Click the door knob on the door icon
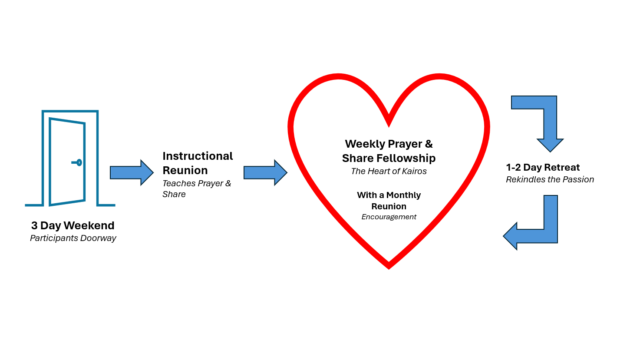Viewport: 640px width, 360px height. [79, 162]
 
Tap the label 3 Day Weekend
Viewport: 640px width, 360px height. [73, 225]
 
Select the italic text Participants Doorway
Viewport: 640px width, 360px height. [73, 238]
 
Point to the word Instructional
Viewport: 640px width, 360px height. [198, 156]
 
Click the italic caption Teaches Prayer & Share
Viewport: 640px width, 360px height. [196, 188]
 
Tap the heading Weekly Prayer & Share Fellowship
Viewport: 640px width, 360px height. [389, 151]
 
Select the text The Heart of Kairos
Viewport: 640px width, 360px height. [389, 171]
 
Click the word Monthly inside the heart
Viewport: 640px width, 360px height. [403, 195]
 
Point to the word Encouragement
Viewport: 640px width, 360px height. [389, 217]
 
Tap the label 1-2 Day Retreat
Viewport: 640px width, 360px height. [543, 167]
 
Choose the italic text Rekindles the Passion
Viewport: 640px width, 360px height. [550, 179]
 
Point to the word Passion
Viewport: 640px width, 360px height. [578, 179]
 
